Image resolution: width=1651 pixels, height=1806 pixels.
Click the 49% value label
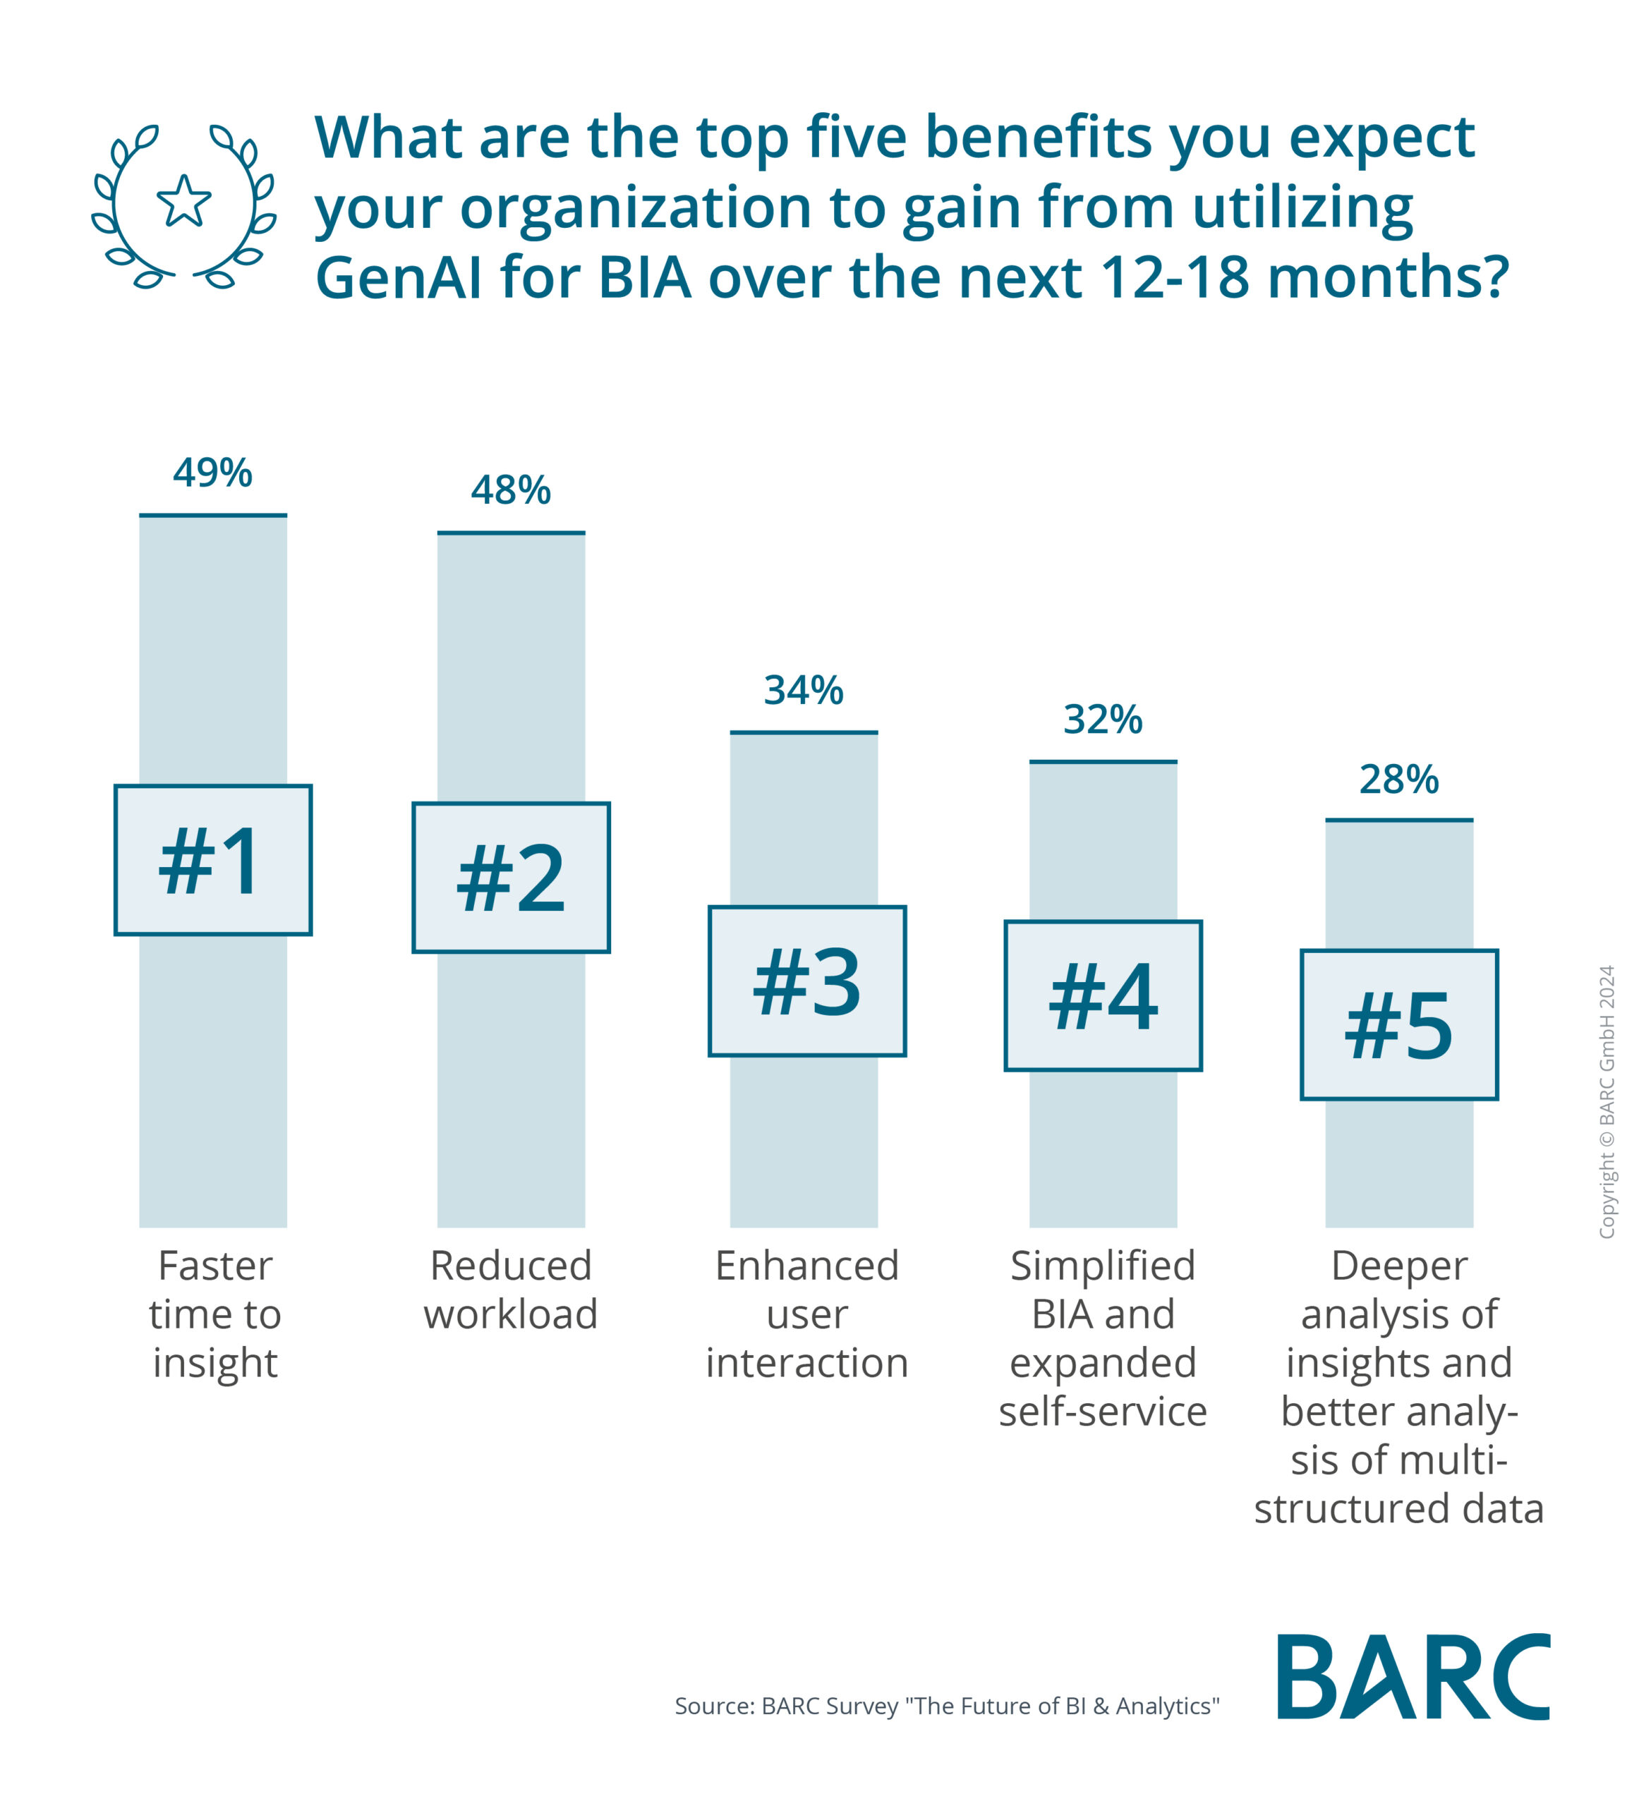point(212,472)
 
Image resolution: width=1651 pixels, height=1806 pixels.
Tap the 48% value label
point(511,490)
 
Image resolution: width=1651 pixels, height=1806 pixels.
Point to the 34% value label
point(804,690)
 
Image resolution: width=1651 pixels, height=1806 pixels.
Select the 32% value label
point(1103,720)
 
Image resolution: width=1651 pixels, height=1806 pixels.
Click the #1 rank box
point(213,860)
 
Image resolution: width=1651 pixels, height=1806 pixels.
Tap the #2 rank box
point(511,877)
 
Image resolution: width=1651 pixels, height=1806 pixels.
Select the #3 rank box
point(807,981)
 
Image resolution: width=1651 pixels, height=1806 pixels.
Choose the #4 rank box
point(1103,995)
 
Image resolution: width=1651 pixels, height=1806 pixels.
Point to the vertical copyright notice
point(1607,1102)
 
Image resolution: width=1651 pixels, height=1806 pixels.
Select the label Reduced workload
point(511,1290)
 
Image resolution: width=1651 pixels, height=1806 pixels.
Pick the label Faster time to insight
point(215,1314)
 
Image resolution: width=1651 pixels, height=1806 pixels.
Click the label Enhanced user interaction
point(807,1314)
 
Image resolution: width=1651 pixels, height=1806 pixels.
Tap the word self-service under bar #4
point(1103,1412)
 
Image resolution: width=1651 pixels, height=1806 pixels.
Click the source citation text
point(946,1706)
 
